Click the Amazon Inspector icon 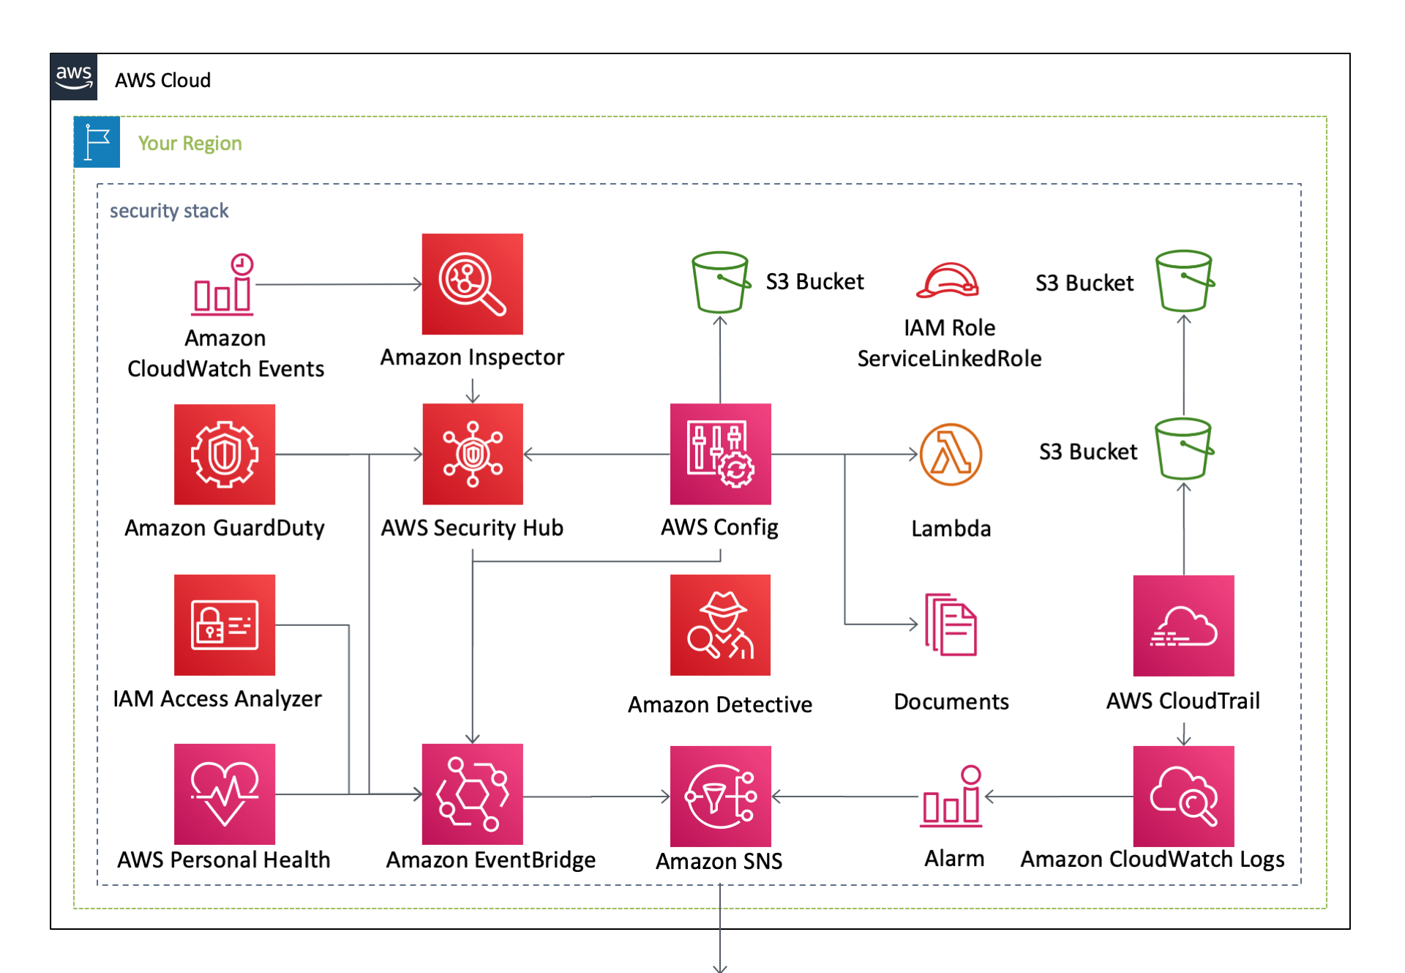coord(472,284)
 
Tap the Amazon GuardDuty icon coord(225,454)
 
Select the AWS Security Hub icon coord(472,454)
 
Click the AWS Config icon coord(720,454)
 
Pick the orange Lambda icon coord(951,455)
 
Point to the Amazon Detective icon coord(720,625)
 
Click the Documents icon coord(951,625)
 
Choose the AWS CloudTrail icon coord(1183,625)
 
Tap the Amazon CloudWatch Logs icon coord(1183,796)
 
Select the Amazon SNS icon coord(720,796)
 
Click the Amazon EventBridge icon coord(472,794)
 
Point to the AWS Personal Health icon coord(225,794)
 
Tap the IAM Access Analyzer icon coord(225,625)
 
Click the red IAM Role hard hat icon coord(948,280)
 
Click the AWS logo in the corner coord(74,76)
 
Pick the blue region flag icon coord(97,142)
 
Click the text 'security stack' coord(169,211)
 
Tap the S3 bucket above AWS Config coord(720,282)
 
